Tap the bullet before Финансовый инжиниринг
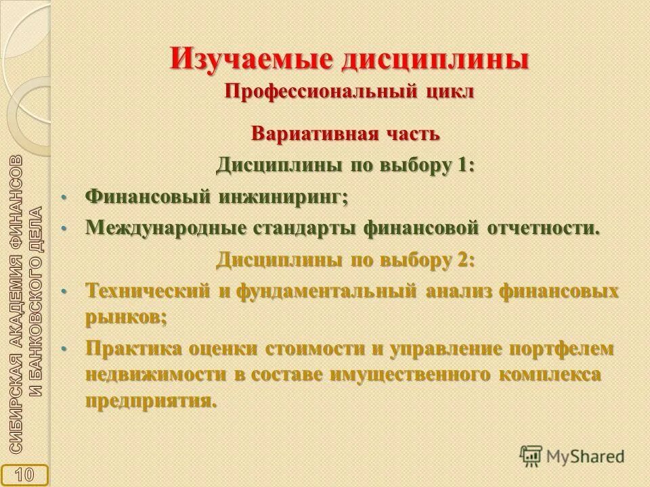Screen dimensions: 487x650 point(65,197)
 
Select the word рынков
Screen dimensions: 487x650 point(125,317)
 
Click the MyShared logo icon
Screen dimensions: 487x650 point(531,456)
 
